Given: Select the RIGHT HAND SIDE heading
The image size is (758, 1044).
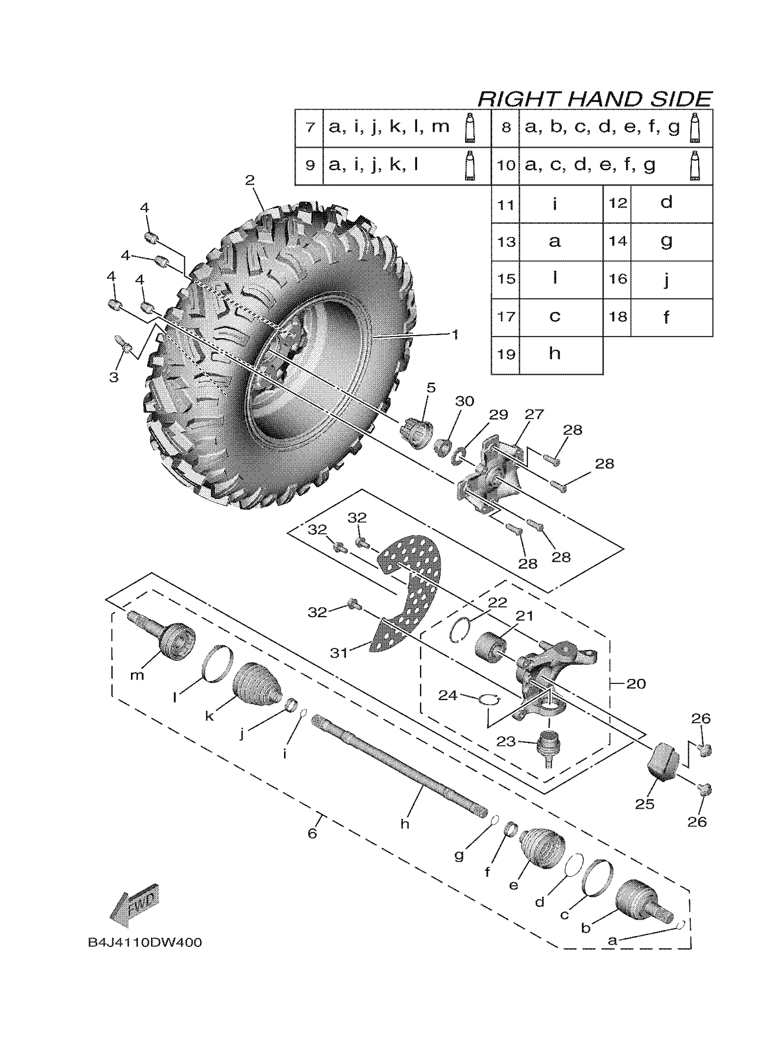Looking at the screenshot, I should tap(594, 99).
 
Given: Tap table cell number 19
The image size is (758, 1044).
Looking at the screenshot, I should tap(506, 354).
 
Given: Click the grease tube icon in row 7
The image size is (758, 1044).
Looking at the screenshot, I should tap(470, 127).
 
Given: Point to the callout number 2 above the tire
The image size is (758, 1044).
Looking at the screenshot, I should tap(250, 180).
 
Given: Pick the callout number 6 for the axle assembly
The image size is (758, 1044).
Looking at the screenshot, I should tap(312, 834).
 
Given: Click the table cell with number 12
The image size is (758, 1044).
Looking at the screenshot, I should tap(618, 203).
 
